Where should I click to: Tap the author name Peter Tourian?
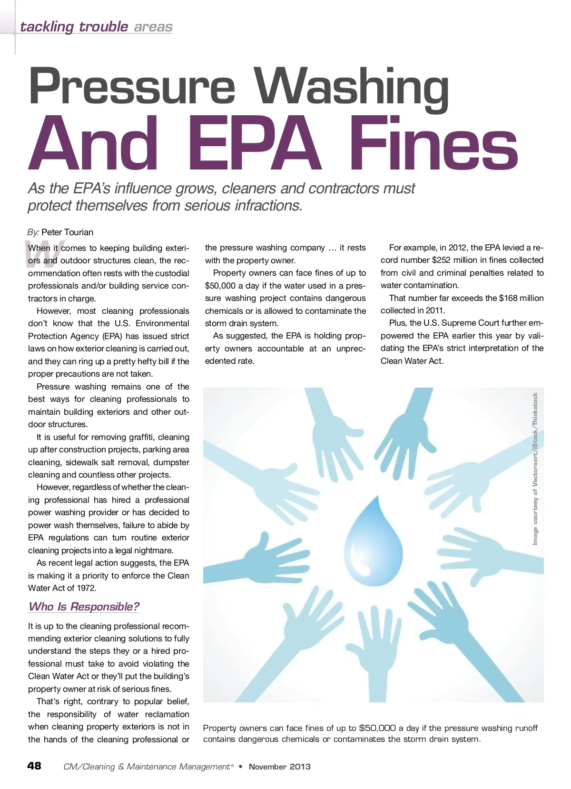coord(67,232)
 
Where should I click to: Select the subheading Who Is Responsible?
coord(84,607)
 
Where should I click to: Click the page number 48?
coord(34,766)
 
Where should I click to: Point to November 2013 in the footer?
coord(280,767)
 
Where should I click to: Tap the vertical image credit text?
coord(535,469)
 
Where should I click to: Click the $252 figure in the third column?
coord(441,260)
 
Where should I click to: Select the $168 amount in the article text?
coord(508,298)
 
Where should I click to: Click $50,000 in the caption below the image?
coord(377,728)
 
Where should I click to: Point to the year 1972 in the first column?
coord(86,588)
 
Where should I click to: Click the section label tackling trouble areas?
coord(96,27)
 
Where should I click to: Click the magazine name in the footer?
coord(147,767)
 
